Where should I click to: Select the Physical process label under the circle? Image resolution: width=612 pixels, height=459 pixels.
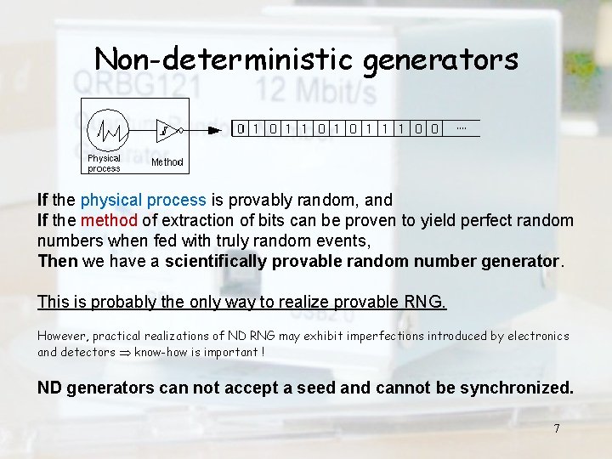point(105,163)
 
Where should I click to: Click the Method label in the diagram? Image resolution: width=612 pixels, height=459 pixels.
point(167,161)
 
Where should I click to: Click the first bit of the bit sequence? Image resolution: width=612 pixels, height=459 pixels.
point(241,129)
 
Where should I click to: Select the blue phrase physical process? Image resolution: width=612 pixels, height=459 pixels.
point(143,201)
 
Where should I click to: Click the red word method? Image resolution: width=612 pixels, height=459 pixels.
point(110,221)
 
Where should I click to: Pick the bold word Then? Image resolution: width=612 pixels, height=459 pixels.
point(57,262)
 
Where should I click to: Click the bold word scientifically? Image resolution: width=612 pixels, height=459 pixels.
point(217,262)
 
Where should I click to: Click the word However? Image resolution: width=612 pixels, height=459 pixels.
point(63,336)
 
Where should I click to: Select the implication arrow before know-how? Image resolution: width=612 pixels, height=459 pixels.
point(125,352)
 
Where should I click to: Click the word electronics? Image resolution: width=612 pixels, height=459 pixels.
point(538,336)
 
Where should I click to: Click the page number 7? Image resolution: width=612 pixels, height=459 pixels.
point(557,428)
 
